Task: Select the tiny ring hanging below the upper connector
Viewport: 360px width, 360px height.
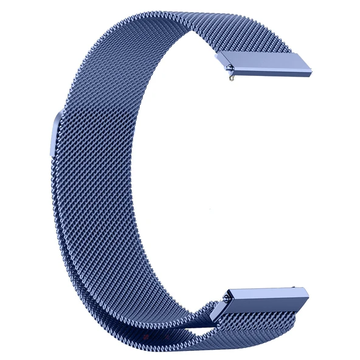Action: coord(229,78)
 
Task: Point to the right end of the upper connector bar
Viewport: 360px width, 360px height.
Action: coord(314,69)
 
